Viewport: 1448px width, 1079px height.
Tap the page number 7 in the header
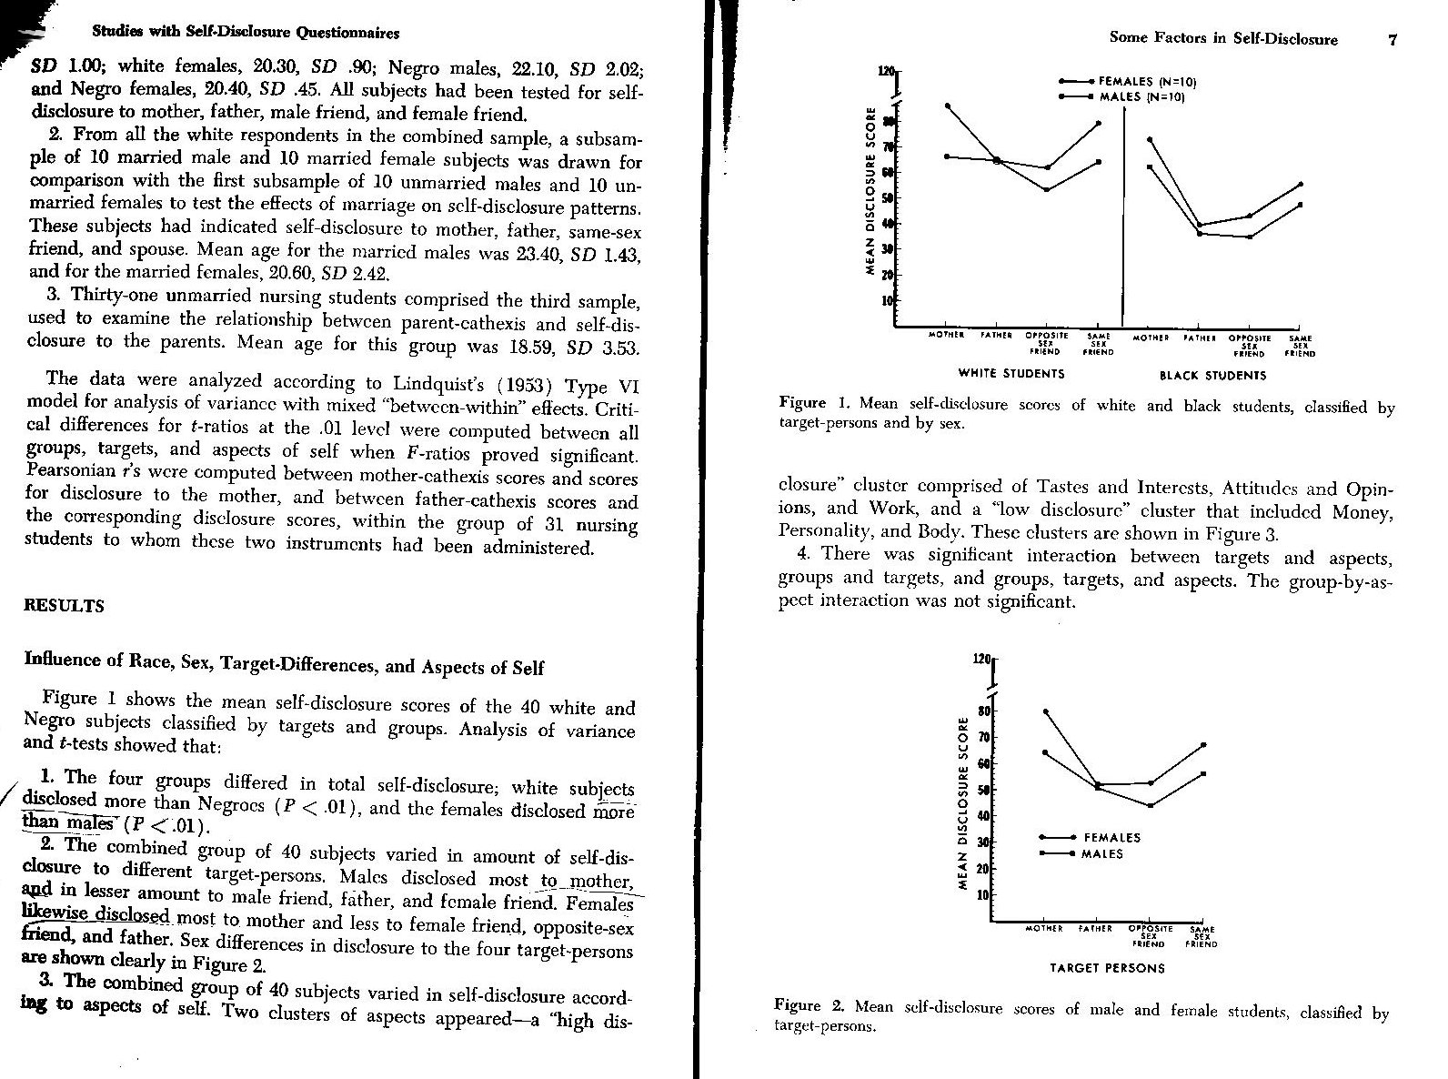[x=1392, y=38]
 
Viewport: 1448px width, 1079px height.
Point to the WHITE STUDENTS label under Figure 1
[x=1011, y=373]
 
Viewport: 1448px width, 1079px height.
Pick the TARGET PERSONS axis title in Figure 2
[x=1107, y=968]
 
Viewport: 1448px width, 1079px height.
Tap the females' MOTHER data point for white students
[x=948, y=106]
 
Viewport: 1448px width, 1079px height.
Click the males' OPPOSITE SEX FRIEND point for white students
[x=1047, y=189]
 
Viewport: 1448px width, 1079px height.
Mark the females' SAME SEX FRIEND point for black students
[x=1300, y=184]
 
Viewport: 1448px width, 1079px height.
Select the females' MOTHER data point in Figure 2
[x=1045, y=711]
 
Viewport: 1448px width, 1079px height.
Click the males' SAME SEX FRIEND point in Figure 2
[x=1203, y=773]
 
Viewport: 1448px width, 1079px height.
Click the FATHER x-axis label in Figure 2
[x=1097, y=930]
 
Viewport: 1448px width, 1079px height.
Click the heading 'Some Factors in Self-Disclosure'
[x=1222, y=38]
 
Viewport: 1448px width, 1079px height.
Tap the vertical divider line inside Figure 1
[x=1124, y=218]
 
